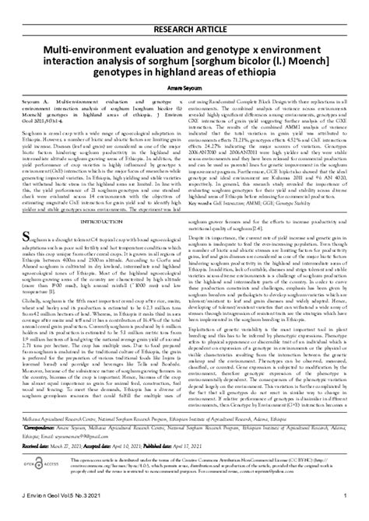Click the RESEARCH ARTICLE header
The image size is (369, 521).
point(184,10)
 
